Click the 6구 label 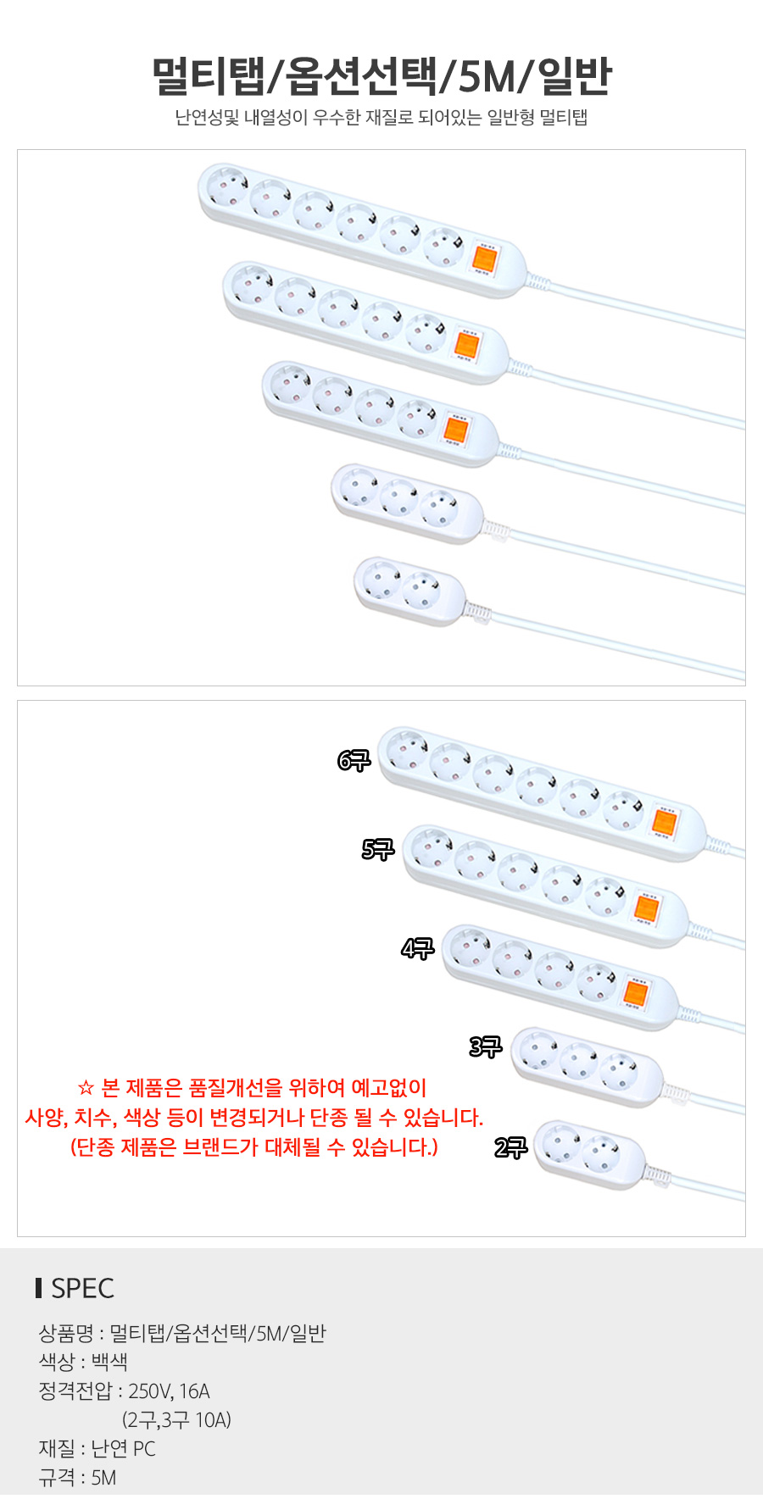(354, 761)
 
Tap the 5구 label (378, 849)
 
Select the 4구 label (417, 948)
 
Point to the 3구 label (486, 1046)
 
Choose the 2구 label (510, 1148)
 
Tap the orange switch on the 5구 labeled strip (646, 908)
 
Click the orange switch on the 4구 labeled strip (636, 993)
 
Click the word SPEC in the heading (82, 1288)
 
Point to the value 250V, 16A (169, 1391)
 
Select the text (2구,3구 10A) (176, 1420)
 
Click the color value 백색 (109, 1363)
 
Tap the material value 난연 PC (123, 1449)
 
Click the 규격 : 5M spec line (77, 1478)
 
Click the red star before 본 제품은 (85, 1088)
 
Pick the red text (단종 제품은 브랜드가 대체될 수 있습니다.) (253, 1147)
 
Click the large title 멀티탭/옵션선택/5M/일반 (381, 76)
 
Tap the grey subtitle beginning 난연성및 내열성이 (381, 118)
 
